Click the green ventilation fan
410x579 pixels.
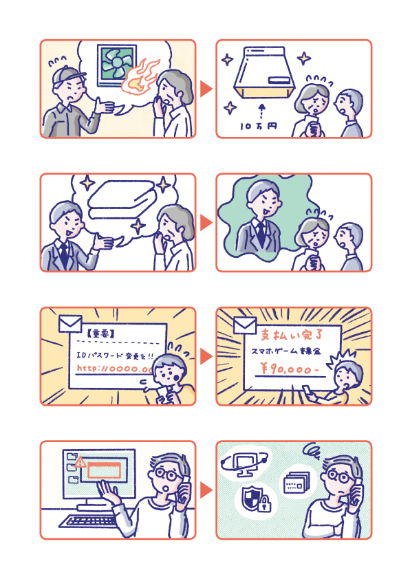point(116,66)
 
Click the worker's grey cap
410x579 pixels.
point(66,76)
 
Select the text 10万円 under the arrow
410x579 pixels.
point(258,127)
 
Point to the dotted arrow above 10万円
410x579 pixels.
point(262,111)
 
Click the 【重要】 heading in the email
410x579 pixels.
point(101,334)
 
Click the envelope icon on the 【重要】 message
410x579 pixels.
point(69,324)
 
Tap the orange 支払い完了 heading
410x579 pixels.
point(292,335)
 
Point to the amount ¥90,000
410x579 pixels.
point(289,369)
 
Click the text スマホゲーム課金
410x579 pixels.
point(286,351)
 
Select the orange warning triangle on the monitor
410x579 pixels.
point(80,462)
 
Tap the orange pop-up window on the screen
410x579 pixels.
point(104,470)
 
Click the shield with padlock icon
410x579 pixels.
point(257,499)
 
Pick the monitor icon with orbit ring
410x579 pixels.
point(244,464)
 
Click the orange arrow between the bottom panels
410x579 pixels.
point(206,490)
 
